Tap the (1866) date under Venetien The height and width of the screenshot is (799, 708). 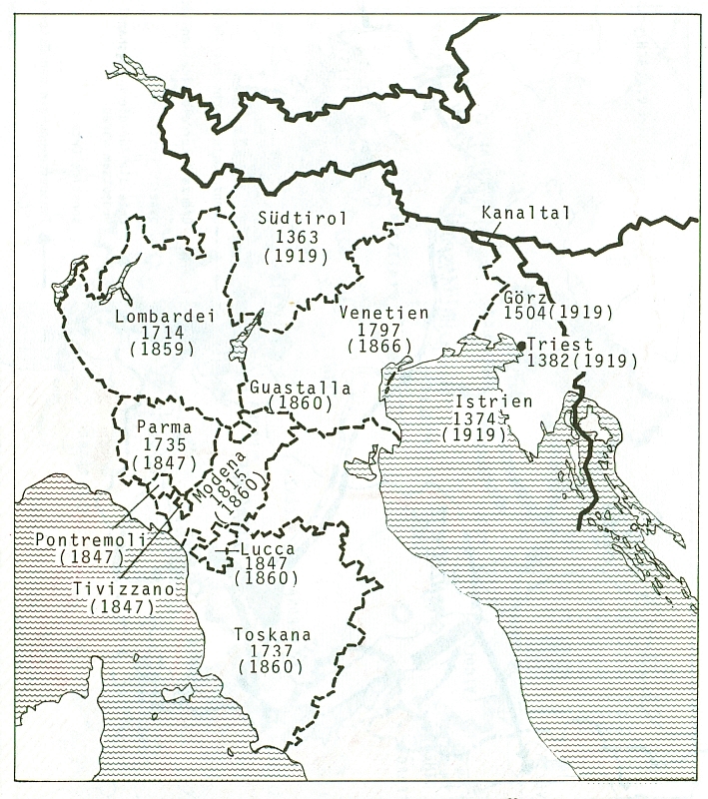(380, 347)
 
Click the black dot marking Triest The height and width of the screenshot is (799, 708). (521, 346)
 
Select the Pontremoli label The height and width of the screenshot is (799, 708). (89, 538)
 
